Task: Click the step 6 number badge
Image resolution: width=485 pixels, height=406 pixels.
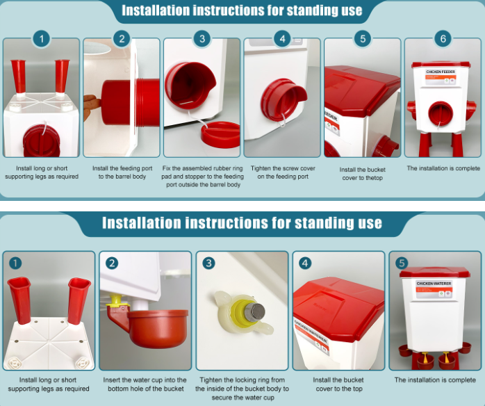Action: pos(443,39)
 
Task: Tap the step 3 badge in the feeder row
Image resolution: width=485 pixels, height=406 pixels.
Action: pos(202,39)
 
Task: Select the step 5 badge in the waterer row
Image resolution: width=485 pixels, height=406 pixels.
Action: pos(402,263)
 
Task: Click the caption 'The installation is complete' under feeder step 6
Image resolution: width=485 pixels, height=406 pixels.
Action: pos(443,168)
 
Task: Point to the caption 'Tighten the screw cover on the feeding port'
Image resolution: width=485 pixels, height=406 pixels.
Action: pos(283,172)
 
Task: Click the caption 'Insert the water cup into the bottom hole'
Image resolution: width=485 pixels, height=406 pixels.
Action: pos(145,384)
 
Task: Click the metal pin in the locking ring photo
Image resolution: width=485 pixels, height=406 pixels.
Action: pos(254,312)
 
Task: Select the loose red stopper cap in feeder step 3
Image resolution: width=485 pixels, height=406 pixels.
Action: pos(220,135)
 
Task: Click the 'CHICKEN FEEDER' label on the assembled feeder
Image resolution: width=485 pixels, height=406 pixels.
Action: pos(441,72)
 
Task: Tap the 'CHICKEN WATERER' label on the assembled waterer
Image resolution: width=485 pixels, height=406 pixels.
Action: pos(434,284)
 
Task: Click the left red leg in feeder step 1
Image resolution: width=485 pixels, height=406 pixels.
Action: pos(19,76)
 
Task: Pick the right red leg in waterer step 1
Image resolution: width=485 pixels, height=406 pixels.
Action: pos(79,300)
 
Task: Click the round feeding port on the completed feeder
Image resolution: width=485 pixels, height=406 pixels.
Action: pos(440,113)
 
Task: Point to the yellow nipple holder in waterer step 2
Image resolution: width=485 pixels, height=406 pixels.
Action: pos(115,302)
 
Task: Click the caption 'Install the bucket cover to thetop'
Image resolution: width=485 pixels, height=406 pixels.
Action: pos(362,174)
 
